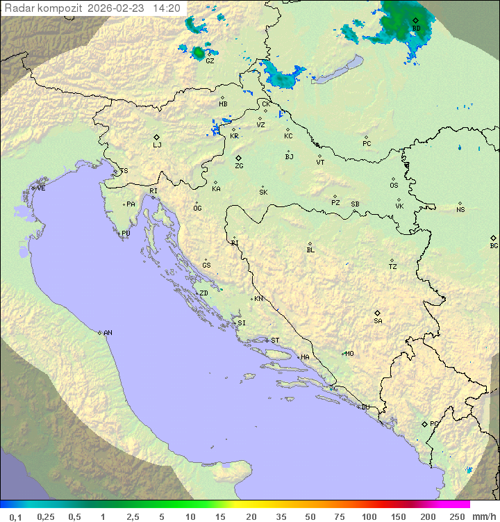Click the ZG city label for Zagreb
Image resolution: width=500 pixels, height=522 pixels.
coord(239,166)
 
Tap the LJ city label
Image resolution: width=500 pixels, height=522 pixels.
coord(157,145)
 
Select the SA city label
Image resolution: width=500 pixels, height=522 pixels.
coord(378,321)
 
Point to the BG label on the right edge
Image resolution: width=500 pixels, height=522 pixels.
coord(494,245)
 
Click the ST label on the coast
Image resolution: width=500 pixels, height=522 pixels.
coord(275,341)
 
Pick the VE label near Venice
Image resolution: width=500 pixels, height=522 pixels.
coord(41,188)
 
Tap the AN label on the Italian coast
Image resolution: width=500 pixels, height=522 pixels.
coord(108,333)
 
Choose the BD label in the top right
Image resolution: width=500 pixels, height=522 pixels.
coord(416,28)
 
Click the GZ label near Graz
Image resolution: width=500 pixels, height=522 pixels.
coord(210,60)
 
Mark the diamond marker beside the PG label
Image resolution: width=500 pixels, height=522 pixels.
coord(424,423)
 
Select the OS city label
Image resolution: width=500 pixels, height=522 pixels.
coord(394,186)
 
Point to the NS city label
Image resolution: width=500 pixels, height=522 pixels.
coord(460,210)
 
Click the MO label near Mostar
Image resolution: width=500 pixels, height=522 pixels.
coord(349,353)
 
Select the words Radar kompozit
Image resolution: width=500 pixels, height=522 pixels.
coord(44,8)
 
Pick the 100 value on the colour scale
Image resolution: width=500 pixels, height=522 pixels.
coord(369,516)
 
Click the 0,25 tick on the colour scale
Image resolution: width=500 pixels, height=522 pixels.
coord(46,516)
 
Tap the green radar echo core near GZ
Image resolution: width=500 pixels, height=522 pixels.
coord(199,52)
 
